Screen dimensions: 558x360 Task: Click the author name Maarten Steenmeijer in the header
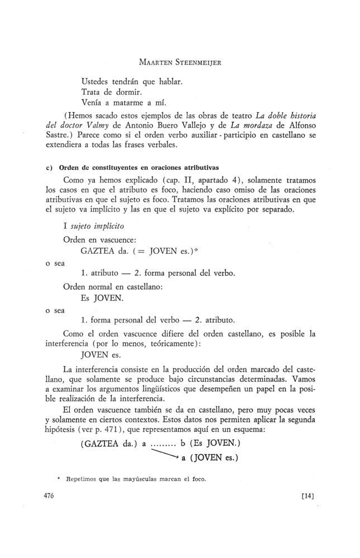[x=180, y=62]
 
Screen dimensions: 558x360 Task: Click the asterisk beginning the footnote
[x=57, y=478]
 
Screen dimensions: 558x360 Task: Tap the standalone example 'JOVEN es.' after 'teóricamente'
[x=101, y=355]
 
